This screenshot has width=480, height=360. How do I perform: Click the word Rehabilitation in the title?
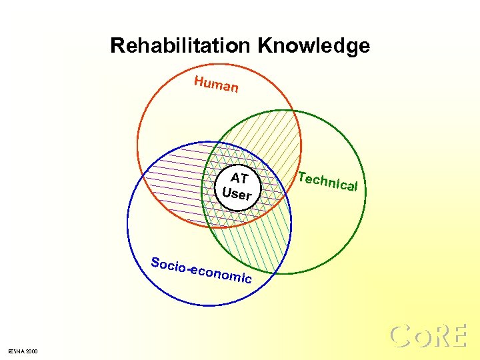pos(180,46)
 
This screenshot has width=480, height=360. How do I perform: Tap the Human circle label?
pos(216,85)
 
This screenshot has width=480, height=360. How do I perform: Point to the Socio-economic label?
pos(201,269)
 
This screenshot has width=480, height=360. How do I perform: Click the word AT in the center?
pos(239,179)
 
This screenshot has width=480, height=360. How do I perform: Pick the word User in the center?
pos(237,194)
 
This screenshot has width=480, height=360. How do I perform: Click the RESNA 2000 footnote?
pos(23,351)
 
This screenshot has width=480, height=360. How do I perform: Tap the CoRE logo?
pos(427,336)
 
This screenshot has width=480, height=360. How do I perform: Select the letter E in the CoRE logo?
pos(457,336)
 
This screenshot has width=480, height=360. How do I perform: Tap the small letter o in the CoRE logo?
pos(420,338)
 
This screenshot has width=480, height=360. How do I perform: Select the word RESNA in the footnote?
pos(15,351)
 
